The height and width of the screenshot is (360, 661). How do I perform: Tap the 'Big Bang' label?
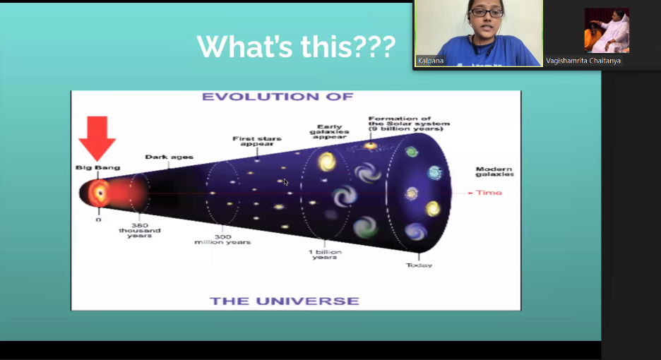(97, 167)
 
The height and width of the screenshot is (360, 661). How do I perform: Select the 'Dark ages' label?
(169, 157)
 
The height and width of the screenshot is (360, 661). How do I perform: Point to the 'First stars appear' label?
(257, 140)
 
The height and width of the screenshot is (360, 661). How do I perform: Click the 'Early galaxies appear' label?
(329, 131)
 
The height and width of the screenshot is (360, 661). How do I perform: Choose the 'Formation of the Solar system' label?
(409, 124)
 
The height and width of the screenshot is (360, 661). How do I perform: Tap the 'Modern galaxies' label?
(494, 172)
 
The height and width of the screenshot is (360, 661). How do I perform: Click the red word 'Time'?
(489, 193)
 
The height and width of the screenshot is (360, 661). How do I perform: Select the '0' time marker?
(98, 220)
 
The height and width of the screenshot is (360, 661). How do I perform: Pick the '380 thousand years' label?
(140, 231)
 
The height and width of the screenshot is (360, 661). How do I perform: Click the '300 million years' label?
(222, 239)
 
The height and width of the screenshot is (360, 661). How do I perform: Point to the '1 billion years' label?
(325, 254)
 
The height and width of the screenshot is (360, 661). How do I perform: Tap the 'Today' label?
(419, 265)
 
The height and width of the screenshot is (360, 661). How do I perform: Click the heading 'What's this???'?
(296, 47)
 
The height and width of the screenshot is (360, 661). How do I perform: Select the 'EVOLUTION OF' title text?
(278, 97)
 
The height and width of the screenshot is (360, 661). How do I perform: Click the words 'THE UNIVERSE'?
(285, 301)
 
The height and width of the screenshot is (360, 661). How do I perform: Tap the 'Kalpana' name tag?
(430, 61)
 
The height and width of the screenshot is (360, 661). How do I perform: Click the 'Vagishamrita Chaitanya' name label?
(583, 61)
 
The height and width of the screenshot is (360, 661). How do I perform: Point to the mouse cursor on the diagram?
(286, 182)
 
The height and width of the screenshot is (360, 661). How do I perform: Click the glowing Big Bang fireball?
(99, 193)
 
